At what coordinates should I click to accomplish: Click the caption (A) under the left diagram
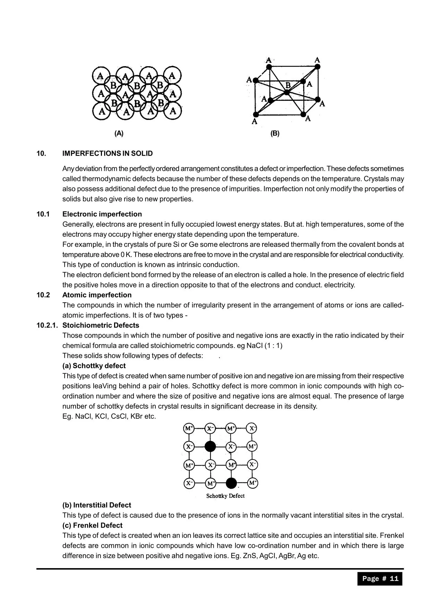click(x=119, y=133)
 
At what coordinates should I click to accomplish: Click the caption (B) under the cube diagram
click(x=275, y=133)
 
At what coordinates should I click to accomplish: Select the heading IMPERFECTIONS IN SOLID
click(x=108, y=154)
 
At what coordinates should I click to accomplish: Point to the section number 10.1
click(x=43, y=214)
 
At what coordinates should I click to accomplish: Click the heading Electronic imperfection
click(x=102, y=214)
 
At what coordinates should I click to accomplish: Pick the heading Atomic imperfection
click(x=97, y=295)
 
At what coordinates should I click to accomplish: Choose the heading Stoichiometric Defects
click(x=101, y=325)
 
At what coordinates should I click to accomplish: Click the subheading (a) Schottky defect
click(x=94, y=366)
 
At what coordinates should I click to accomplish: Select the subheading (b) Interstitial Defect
click(x=97, y=505)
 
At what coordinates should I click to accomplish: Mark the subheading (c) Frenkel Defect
click(x=92, y=525)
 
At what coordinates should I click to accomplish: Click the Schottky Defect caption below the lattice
click(x=225, y=496)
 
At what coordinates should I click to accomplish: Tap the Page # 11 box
click(x=380, y=579)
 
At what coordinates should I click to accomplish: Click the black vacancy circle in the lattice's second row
click(x=210, y=446)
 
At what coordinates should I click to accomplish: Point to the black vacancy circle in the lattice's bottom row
click(x=231, y=483)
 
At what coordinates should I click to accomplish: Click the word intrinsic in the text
click(x=195, y=265)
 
